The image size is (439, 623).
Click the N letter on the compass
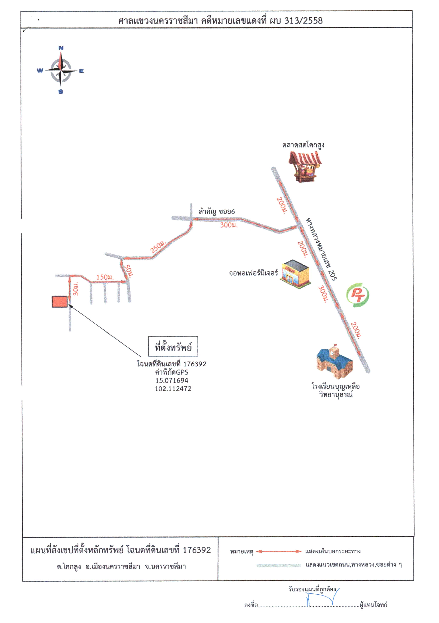tap(61, 48)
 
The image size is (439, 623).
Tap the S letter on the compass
tap(61, 92)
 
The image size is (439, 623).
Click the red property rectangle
tap(60, 301)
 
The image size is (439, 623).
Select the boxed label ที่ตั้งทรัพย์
tap(173, 346)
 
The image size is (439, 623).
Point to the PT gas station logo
tap(357, 295)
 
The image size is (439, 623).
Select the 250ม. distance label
tap(158, 246)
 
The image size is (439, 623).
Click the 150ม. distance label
tap(105, 277)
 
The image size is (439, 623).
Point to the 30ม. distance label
tap(76, 289)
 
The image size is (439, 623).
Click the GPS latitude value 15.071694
tap(172, 380)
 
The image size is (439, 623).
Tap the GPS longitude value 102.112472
tap(173, 389)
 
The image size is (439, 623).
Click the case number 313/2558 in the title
tap(303, 21)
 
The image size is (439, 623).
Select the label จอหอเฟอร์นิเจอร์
tap(253, 273)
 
